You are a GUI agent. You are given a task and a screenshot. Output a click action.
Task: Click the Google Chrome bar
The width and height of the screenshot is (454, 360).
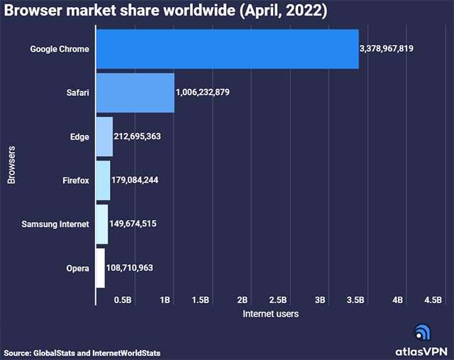[227, 49]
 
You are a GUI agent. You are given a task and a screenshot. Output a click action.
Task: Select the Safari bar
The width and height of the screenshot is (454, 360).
[135, 92]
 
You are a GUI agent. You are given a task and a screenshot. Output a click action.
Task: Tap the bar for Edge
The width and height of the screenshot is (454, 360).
[104, 136]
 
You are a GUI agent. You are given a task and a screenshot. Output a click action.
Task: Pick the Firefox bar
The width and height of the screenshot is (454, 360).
[103, 180]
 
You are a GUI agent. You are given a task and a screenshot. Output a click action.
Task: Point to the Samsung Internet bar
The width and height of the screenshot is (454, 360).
[101, 224]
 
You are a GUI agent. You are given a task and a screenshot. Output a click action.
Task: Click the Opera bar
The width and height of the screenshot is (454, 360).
[100, 268]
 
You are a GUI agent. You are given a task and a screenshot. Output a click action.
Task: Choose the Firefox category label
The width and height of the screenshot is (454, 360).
[75, 180]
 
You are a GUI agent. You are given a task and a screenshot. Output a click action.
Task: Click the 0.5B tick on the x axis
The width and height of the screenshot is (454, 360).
[123, 300]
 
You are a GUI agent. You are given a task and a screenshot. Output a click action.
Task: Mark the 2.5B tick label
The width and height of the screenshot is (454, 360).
[279, 300]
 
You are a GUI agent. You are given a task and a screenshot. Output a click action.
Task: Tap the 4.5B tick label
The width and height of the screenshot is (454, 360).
[433, 300]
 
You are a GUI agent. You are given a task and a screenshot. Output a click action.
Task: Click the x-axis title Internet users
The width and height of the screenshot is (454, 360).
[270, 313]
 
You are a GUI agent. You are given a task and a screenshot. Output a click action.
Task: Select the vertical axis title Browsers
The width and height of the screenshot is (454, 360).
[12, 165]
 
